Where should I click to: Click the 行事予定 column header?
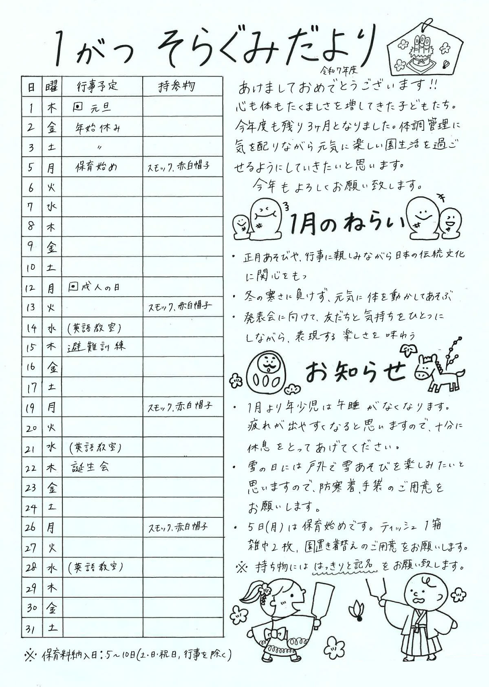97,86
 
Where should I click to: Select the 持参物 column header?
176,86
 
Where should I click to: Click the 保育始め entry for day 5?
97,167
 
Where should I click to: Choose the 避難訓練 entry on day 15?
97,347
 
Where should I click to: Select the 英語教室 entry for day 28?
96,567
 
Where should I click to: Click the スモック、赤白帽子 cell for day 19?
180,407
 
